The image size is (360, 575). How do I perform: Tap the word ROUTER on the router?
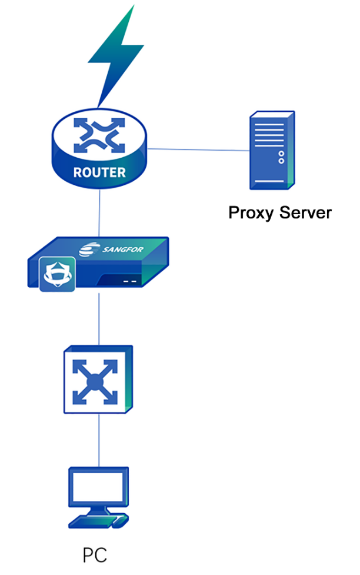tap(99, 173)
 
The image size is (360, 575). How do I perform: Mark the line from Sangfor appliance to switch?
tap(99, 318)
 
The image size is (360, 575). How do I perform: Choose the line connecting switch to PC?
tap(99, 439)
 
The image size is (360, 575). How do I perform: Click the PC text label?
tap(95, 556)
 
